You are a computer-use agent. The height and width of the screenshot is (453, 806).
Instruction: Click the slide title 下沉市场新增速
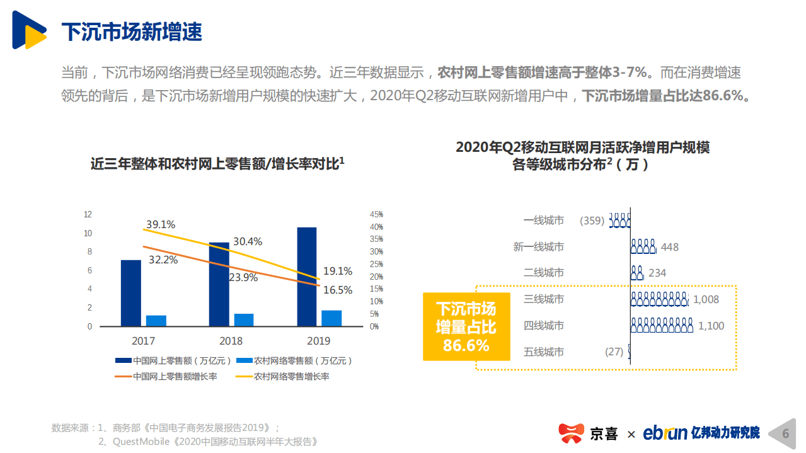coord(132,32)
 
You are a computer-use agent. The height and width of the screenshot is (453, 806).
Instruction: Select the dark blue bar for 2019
coord(306,277)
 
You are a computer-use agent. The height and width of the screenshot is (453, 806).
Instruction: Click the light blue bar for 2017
coord(156,320)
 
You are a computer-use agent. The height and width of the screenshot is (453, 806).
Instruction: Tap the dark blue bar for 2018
coord(219,284)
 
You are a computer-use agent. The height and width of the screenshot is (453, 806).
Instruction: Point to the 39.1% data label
coord(161,224)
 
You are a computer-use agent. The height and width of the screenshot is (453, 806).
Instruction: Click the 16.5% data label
coord(338,290)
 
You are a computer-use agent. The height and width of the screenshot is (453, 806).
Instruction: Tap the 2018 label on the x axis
coord(231,341)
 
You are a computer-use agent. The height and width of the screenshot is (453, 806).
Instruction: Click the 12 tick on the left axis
coord(88,214)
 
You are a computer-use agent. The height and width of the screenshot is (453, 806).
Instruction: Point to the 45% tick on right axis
coord(376,214)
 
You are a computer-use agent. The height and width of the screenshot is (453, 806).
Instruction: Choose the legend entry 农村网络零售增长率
coord(292,376)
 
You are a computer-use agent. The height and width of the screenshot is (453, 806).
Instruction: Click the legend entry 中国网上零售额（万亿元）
coord(172,360)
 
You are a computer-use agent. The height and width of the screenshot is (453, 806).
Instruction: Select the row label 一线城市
coord(543,221)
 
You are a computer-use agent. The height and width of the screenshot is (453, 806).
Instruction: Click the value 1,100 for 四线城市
coord(711,326)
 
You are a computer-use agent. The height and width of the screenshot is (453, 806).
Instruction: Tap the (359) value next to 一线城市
coord(592,221)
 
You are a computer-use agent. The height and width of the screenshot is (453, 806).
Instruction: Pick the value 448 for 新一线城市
coord(670,247)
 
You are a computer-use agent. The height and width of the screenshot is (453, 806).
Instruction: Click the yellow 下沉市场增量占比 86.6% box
coord(466,326)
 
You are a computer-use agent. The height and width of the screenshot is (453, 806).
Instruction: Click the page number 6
coord(785,433)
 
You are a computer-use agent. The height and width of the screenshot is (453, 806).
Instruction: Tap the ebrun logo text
coord(665,433)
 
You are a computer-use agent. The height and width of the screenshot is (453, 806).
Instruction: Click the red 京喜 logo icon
coord(572,433)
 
